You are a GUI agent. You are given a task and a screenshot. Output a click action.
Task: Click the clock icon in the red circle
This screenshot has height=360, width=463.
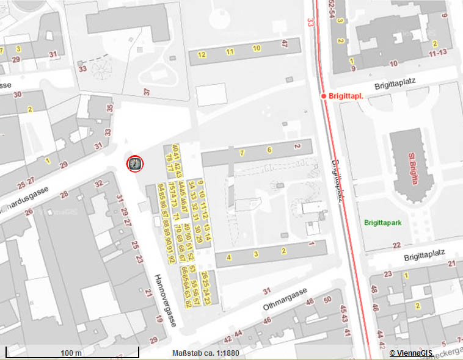[134, 164]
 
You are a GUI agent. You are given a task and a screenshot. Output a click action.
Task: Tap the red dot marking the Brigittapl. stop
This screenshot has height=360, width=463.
[324, 96]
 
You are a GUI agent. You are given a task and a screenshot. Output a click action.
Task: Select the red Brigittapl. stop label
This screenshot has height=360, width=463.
[346, 96]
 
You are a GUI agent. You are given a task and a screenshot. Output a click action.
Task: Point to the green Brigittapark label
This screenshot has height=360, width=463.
[383, 223]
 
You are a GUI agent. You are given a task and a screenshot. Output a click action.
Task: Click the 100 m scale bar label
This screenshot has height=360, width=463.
[71, 353]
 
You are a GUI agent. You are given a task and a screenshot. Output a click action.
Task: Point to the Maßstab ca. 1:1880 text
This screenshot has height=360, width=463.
[206, 353]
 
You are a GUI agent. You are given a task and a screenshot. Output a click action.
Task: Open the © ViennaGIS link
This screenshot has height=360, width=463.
[424, 353]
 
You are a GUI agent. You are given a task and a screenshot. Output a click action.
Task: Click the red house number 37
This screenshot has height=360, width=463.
[146, 92]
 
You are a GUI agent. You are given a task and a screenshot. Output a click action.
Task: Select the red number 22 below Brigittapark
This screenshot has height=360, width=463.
[396, 246]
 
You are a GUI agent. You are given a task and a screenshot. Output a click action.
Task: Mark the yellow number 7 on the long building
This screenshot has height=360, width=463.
[242, 152]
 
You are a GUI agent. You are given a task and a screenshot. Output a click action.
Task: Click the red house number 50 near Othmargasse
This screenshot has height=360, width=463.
[327, 299]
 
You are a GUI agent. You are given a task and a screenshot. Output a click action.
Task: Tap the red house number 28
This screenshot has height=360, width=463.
[65, 195]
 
